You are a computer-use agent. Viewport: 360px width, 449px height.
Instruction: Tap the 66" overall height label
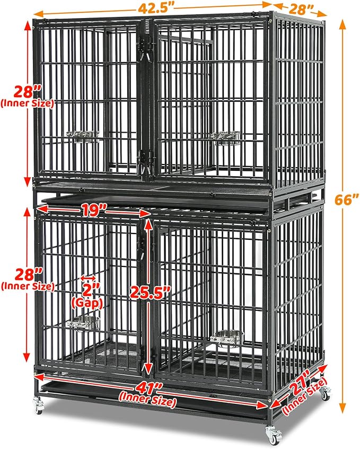point(346,200)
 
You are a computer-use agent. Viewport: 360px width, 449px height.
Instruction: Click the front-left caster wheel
point(38,405)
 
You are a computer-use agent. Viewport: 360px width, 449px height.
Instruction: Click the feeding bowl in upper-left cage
point(83,135)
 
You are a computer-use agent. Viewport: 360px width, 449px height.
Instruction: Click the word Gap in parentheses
point(86,303)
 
